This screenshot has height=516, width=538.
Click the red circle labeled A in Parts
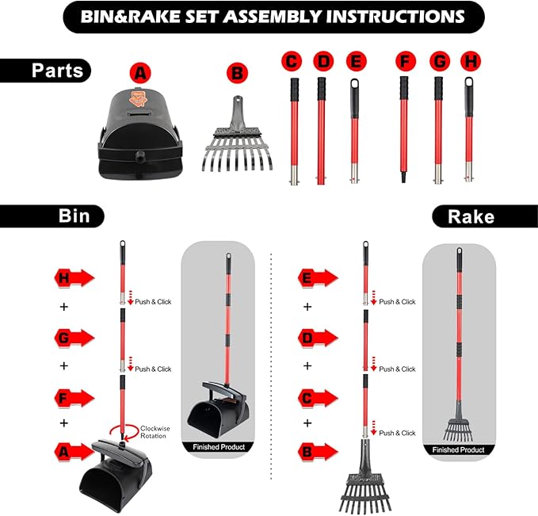pyautogui.click(x=140, y=73)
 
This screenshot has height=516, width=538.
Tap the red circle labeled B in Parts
pyautogui.click(x=237, y=73)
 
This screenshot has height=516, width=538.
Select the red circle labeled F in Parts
pyautogui.click(x=406, y=62)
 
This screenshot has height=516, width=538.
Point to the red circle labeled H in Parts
pyautogui.click(x=471, y=62)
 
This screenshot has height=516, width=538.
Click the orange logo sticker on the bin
pyautogui.click(x=138, y=97)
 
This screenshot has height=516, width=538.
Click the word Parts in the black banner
pyautogui.click(x=57, y=71)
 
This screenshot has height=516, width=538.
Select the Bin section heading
pyautogui.click(x=74, y=216)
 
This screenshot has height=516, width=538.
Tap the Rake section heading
pyautogui.click(x=471, y=216)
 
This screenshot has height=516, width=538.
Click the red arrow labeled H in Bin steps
pyautogui.click(x=74, y=277)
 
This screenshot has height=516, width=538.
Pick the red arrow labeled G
pyautogui.click(x=74, y=338)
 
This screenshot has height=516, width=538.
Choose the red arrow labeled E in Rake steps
pyautogui.click(x=318, y=277)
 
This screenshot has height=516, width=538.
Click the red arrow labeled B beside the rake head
pyautogui.click(x=318, y=452)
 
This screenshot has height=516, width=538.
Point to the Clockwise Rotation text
pyautogui.click(x=155, y=432)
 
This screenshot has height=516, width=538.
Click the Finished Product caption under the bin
pyautogui.click(x=219, y=447)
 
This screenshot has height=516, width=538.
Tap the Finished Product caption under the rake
pyautogui.click(x=459, y=449)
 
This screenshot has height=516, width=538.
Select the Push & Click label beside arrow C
pyautogui.click(x=397, y=433)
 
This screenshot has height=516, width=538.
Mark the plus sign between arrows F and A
pyautogui.click(x=64, y=423)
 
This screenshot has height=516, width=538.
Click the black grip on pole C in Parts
pyautogui.click(x=295, y=90)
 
